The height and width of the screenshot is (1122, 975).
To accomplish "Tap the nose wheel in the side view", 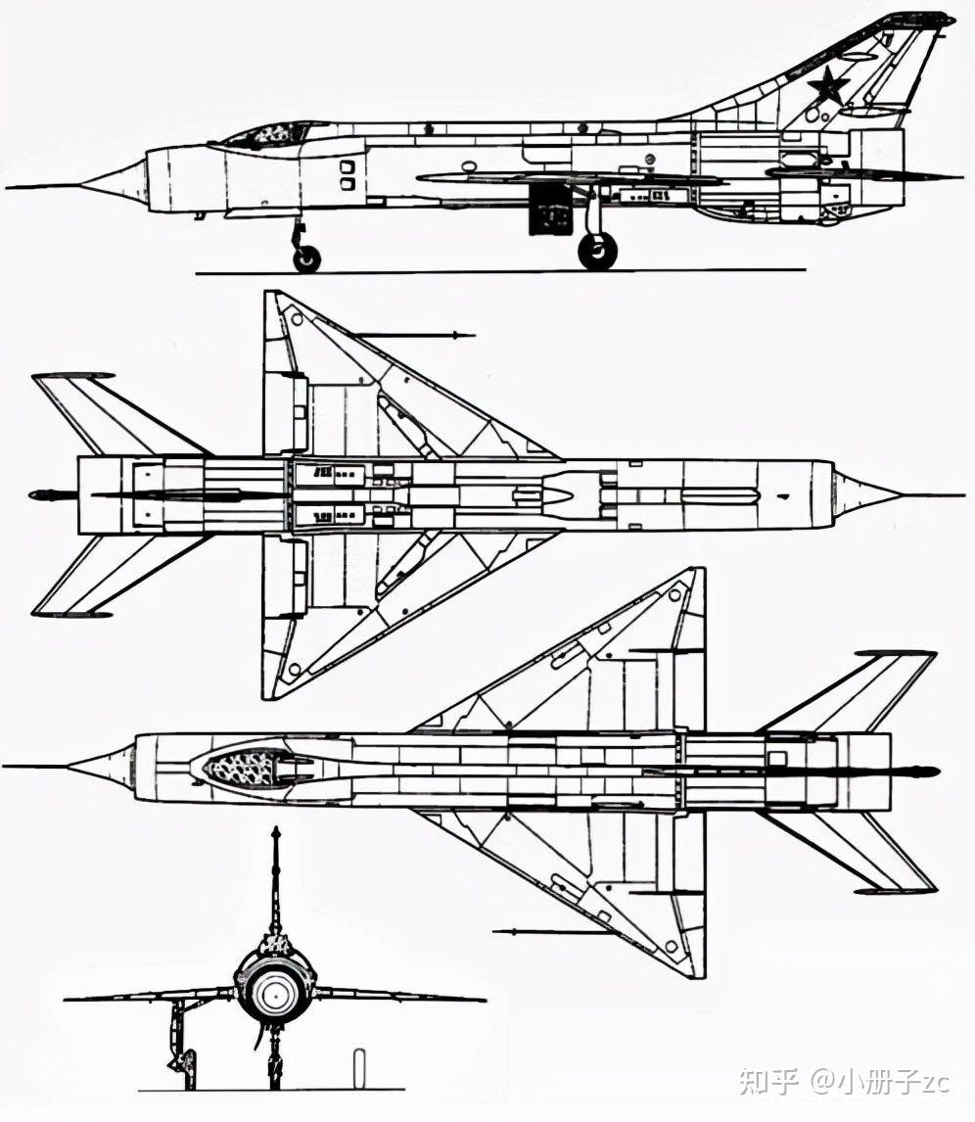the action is point(306,258).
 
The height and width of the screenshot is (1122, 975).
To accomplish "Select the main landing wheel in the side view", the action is point(597,251).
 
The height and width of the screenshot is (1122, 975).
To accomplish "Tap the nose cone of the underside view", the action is point(866,490).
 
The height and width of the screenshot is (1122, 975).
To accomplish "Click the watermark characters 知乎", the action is point(769,1081).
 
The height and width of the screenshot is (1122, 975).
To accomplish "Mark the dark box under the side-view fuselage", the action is point(550,211).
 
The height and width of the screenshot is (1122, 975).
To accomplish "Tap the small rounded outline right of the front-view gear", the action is point(359,1064).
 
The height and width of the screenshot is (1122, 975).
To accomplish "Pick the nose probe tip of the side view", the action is point(10,186).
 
